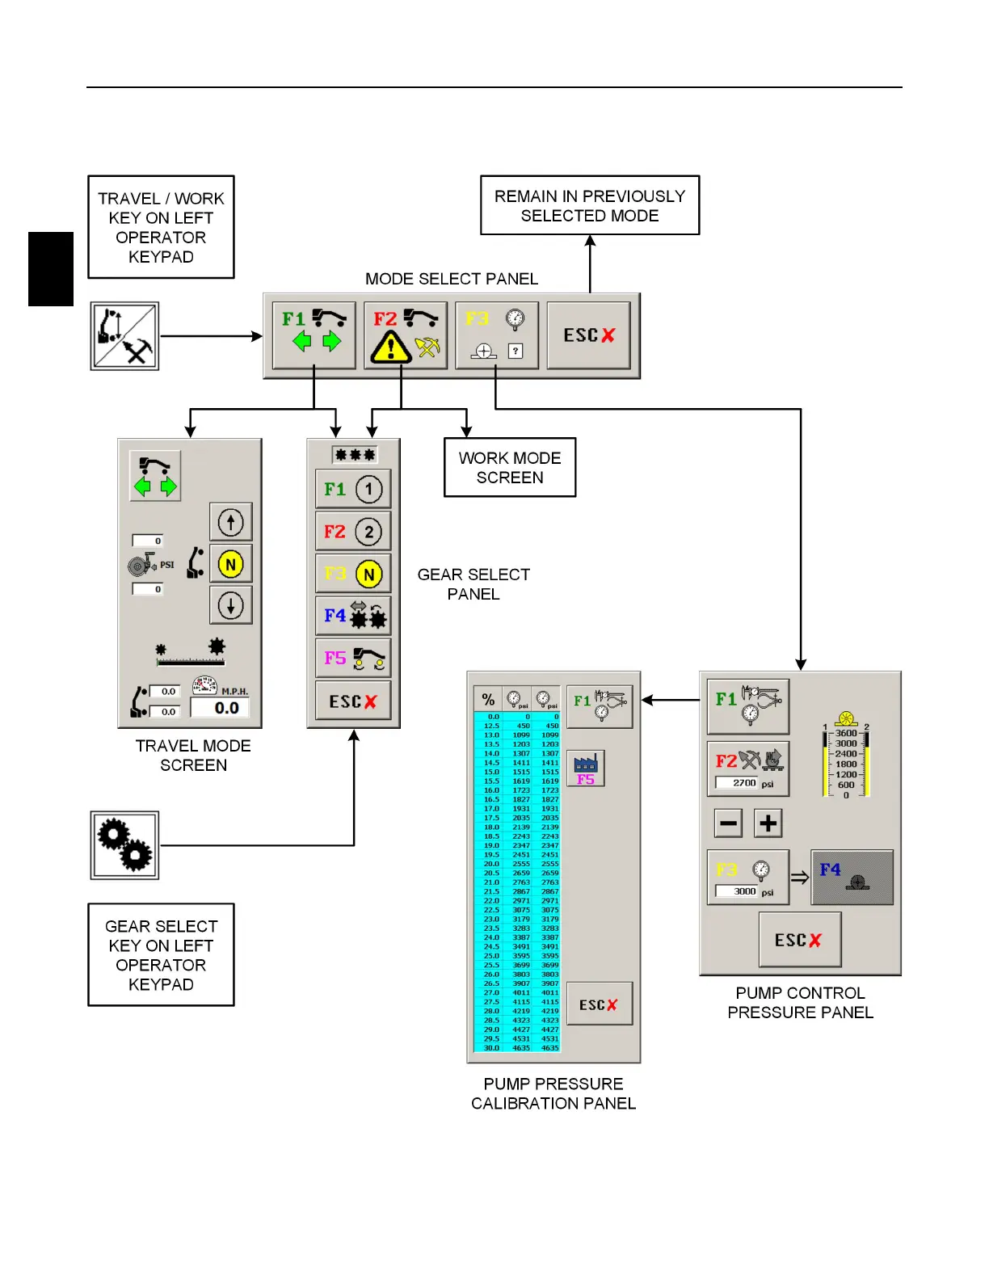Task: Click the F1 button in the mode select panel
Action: [314, 335]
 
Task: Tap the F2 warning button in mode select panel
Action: [405, 335]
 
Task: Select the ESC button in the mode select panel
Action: [588, 335]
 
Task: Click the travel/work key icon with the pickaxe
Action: [124, 336]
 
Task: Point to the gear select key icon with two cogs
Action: [124, 845]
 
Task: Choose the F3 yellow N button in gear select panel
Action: [353, 574]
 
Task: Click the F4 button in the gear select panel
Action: [353, 616]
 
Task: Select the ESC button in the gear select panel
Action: [353, 701]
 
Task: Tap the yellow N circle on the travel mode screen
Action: [230, 564]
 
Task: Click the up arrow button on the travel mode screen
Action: [230, 522]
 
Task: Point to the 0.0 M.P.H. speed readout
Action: [220, 708]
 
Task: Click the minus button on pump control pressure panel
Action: [728, 823]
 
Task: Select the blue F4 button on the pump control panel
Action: [852, 877]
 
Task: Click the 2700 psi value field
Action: [736, 783]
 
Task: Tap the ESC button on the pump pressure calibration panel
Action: [599, 1004]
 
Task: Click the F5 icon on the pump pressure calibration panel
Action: [586, 768]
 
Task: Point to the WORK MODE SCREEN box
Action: [510, 467]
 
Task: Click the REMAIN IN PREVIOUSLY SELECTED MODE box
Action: [590, 205]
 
